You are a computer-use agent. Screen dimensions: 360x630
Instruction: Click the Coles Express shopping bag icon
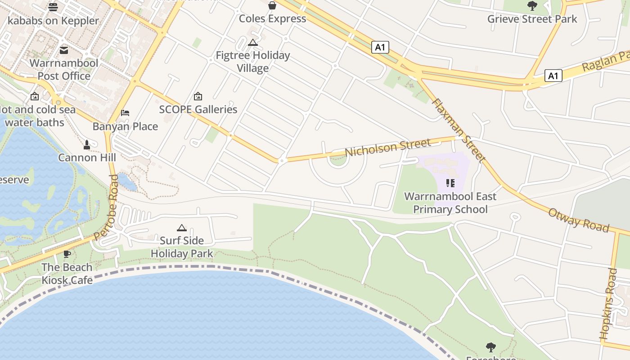[272, 5]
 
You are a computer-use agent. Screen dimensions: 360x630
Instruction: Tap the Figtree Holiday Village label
[253, 62]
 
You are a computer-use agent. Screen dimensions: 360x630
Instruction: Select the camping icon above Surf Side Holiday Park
[182, 228]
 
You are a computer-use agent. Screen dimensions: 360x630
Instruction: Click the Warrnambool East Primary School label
[450, 202]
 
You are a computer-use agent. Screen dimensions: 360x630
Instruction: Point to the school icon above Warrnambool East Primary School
[450, 183]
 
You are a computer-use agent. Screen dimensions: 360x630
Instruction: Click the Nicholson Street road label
[387, 148]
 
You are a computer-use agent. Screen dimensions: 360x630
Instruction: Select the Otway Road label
[578, 220]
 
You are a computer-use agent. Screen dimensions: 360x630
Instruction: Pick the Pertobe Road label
[107, 207]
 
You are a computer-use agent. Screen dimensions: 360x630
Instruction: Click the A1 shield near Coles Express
[380, 47]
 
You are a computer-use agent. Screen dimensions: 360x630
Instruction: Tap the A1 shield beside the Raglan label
[553, 76]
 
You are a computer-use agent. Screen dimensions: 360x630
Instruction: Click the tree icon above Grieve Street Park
[532, 6]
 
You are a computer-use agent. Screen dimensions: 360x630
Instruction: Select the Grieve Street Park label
[532, 19]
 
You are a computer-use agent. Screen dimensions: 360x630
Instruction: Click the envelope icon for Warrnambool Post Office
[64, 50]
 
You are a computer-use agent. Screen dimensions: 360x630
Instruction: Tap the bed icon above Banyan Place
[125, 112]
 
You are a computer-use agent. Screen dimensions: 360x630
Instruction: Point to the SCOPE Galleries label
[198, 109]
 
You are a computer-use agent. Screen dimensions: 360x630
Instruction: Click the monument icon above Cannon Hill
[87, 144]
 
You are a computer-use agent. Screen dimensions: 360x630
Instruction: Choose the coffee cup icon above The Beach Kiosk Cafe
[67, 254]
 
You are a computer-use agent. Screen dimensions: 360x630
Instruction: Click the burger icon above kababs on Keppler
[53, 7]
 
